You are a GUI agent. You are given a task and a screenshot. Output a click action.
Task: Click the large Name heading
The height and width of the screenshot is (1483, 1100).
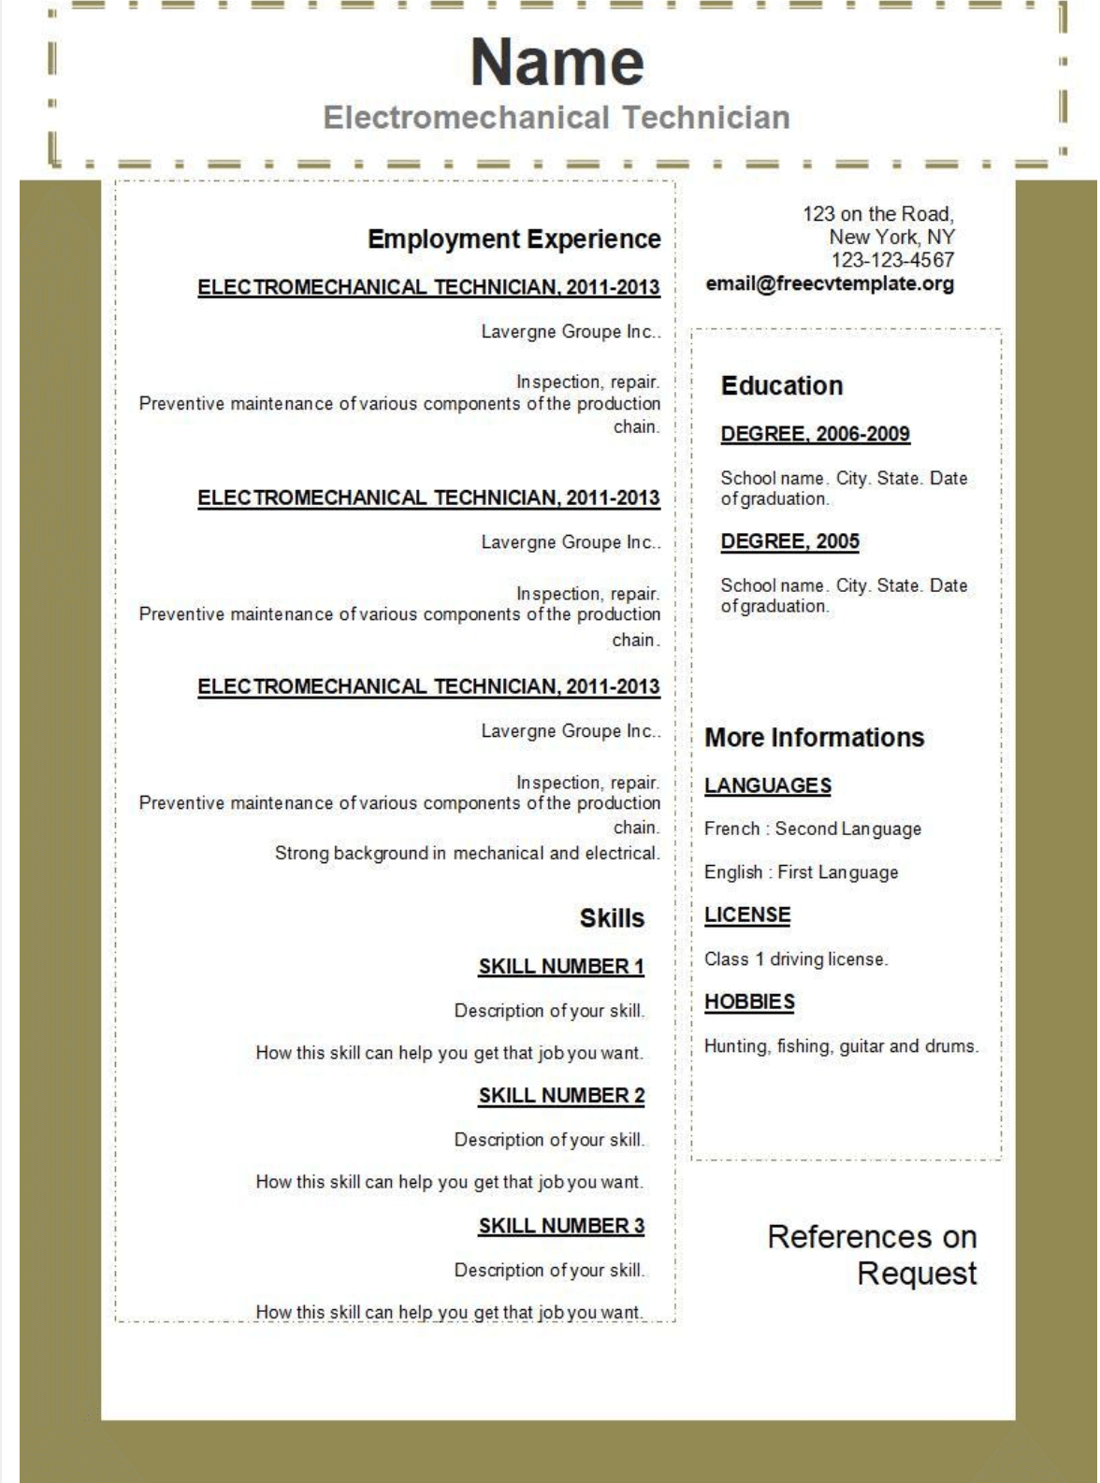tap(557, 63)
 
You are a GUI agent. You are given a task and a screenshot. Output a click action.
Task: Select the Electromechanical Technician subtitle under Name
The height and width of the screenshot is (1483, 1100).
tap(557, 118)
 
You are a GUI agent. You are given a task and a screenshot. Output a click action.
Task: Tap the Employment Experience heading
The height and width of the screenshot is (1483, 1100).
tap(514, 239)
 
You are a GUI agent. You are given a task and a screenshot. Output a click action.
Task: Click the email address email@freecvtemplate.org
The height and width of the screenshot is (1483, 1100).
tap(830, 284)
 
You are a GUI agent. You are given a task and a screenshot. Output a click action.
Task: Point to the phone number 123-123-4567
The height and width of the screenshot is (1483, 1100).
tap(892, 260)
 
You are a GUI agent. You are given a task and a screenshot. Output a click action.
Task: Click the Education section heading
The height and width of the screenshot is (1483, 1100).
tap(782, 386)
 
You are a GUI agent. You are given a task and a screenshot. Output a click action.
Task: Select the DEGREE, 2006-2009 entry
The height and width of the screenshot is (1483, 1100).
tap(815, 434)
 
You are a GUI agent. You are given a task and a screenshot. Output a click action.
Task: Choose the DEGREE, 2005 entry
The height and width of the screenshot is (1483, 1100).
tap(789, 541)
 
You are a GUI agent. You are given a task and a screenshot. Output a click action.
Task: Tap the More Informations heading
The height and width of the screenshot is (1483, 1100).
tap(814, 738)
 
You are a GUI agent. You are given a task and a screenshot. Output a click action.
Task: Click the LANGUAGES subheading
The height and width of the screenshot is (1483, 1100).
tap(767, 785)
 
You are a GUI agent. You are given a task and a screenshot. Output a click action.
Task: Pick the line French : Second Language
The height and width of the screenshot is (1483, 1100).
tap(812, 828)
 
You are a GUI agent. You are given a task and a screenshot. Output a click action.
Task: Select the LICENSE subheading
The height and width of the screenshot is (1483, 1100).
tap(746, 915)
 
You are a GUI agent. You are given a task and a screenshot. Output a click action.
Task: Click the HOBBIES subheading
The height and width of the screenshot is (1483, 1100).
tap(749, 1002)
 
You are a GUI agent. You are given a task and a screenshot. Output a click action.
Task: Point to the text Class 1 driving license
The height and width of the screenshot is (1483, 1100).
tap(795, 959)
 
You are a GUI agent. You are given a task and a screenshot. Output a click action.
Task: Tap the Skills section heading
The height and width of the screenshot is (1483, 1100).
tap(612, 918)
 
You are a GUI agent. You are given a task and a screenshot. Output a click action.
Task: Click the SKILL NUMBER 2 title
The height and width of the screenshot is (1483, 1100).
tap(561, 1096)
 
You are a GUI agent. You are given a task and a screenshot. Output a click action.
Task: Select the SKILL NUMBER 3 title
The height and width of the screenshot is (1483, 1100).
tap(561, 1226)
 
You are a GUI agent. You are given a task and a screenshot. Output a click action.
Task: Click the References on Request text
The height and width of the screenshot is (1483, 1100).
tap(873, 1255)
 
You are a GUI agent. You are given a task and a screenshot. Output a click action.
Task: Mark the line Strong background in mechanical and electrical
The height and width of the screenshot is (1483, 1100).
tap(466, 853)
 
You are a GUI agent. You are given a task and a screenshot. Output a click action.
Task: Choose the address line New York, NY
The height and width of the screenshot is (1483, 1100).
tap(891, 238)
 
